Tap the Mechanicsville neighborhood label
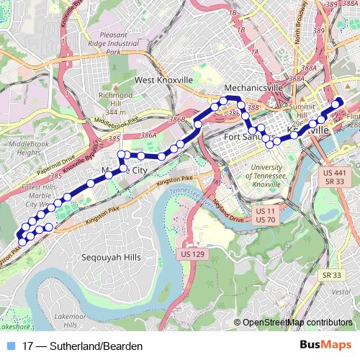[x=255, y=88]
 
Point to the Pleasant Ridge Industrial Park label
[x=112, y=43]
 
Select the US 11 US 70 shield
[x=266, y=215]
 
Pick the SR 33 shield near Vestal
[x=332, y=275]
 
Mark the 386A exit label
[x=149, y=135]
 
